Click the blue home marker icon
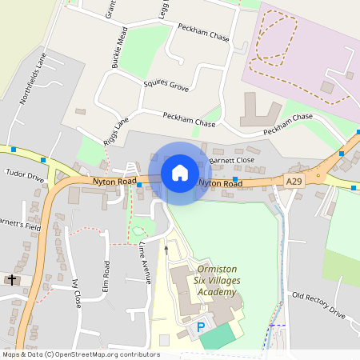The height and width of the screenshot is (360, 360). (x=180, y=173)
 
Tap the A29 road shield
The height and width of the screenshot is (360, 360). (x=294, y=182)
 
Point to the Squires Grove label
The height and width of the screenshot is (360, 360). (x=166, y=85)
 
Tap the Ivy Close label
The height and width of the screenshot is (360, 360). (x=77, y=293)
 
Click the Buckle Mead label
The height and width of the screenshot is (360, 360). (x=119, y=46)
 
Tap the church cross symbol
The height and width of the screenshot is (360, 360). (x=11, y=280)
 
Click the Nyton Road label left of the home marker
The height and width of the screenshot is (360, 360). (x=114, y=182)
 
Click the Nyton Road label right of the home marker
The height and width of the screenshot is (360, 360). (x=220, y=183)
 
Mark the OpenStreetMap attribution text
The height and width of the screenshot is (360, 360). (x=80, y=354)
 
